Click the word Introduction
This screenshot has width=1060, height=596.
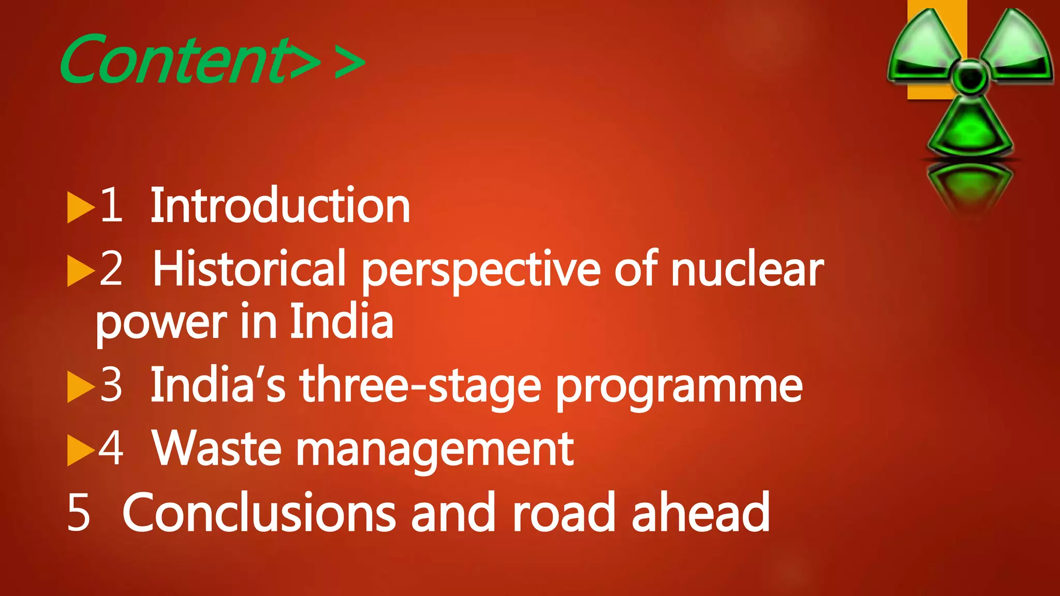[280, 206]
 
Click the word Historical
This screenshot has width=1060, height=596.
[249, 269]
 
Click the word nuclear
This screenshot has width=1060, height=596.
[747, 269]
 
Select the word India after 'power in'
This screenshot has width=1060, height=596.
[341, 321]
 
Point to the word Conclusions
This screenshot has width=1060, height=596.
[259, 512]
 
